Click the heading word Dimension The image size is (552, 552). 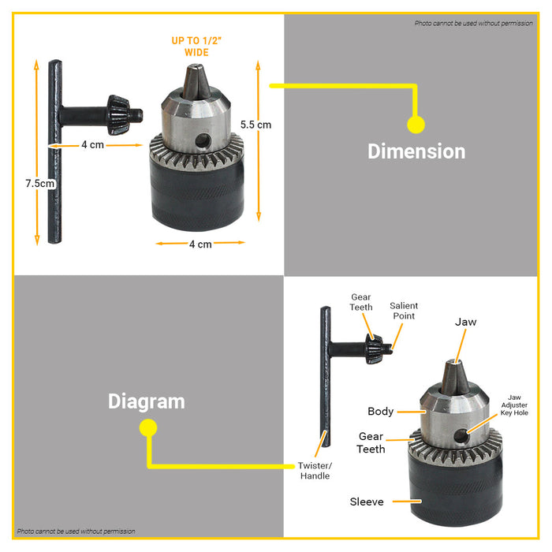[x=416, y=151]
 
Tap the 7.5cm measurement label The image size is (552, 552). [x=39, y=183]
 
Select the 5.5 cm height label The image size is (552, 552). [x=256, y=125]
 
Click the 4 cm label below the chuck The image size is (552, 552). [x=200, y=244]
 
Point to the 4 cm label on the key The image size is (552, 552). [x=92, y=145]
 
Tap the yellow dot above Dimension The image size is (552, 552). [x=416, y=125]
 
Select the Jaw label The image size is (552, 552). [x=465, y=322]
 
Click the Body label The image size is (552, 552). [x=380, y=411]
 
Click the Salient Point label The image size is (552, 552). [x=404, y=311]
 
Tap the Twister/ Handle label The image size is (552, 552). [x=315, y=471]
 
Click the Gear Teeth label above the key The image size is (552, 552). [x=361, y=303]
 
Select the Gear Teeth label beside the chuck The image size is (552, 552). [x=371, y=442]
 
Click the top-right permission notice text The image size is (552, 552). [x=473, y=23]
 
